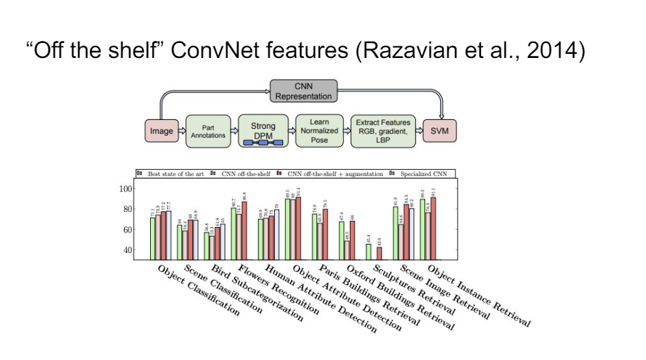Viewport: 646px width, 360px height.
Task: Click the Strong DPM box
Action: (x=263, y=130)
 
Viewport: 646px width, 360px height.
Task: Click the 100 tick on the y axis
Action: (x=125, y=187)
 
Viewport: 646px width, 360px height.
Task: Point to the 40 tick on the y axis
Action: (x=127, y=250)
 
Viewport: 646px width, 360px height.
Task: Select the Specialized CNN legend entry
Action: (x=423, y=174)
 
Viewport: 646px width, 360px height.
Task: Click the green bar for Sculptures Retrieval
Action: (x=369, y=252)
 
